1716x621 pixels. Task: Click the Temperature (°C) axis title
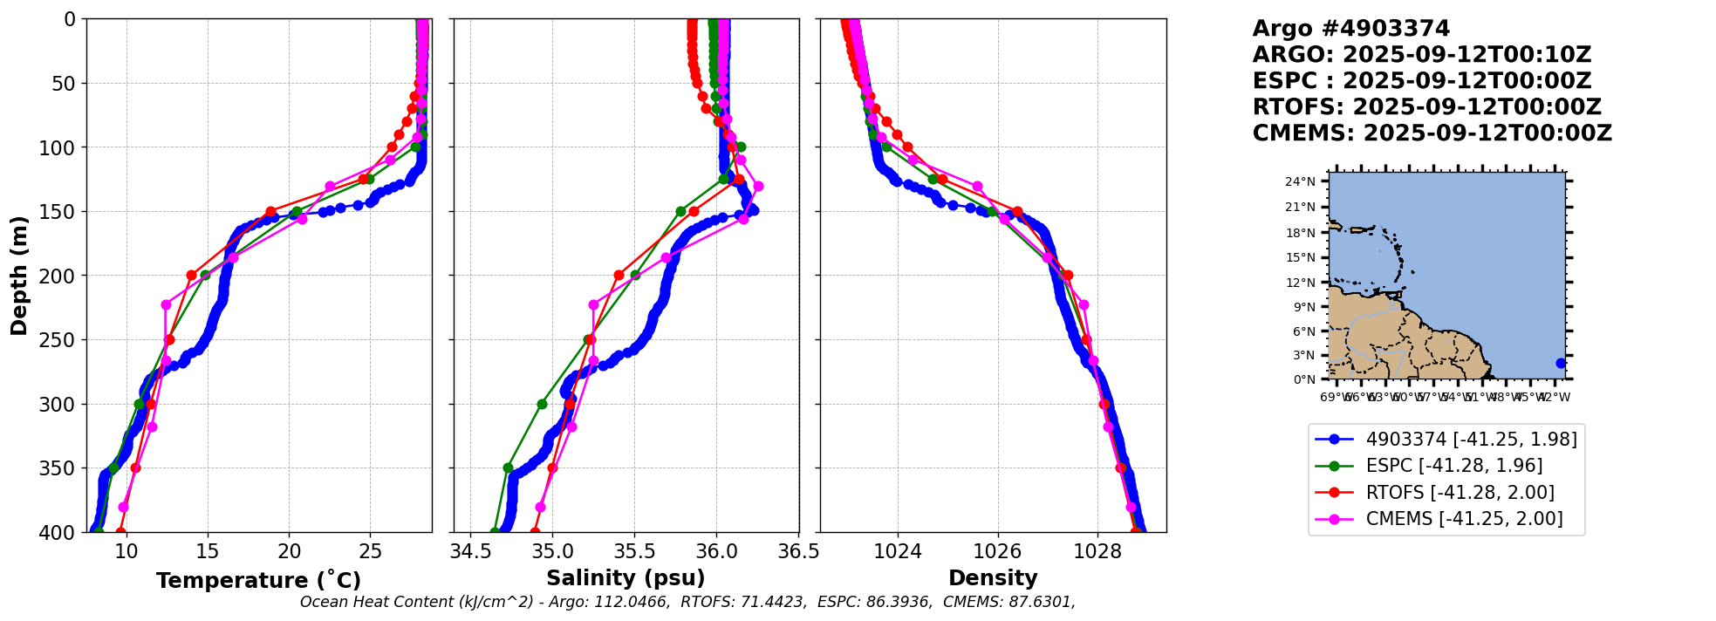tap(258, 581)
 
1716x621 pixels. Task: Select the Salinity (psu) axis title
tap(626, 578)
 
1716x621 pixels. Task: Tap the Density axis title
tap(993, 578)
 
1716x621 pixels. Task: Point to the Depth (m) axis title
tap(19, 275)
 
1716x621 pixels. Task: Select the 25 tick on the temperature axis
tap(371, 551)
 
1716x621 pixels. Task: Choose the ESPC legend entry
tap(1453, 466)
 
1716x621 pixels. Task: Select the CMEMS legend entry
tap(1464, 519)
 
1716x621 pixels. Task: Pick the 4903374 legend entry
tap(1471, 440)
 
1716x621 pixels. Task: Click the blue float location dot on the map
tap(1561, 363)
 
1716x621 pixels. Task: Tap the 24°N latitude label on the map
tap(1300, 181)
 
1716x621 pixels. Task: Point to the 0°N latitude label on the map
tap(1303, 379)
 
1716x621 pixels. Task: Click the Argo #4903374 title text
tap(1350, 29)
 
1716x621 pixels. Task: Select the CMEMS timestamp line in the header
tap(1432, 133)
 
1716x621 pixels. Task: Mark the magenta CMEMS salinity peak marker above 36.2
tap(758, 186)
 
